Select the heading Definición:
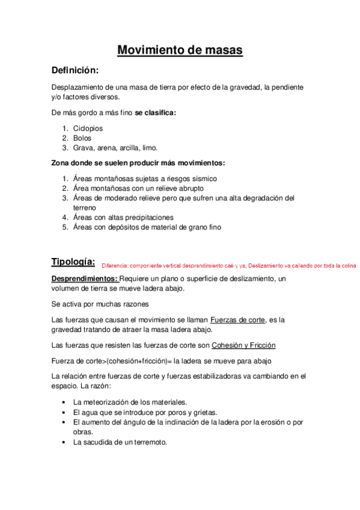click(74, 70)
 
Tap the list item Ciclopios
click(88, 128)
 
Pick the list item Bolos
click(82, 138)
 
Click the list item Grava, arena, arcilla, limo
click(115, 147)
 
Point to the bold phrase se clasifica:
click(156, 112)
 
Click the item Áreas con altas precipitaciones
click(123, 217)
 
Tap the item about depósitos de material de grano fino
click(147, 227)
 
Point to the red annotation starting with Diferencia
click(229, 265)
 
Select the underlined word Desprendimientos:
click(85, 278)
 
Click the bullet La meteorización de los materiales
click(130, 401)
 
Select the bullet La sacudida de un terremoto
click(120, 441)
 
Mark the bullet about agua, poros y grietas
click(145, 412)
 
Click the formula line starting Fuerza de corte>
click(161, 361)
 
